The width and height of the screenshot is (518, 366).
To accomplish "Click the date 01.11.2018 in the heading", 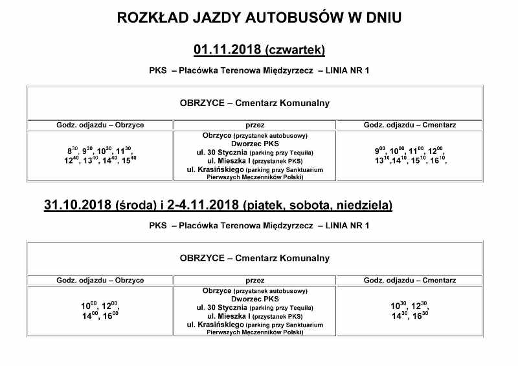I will point(227,49).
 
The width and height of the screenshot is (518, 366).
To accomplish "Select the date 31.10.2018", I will point(77,206).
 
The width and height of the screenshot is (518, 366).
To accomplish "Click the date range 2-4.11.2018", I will point(202,206).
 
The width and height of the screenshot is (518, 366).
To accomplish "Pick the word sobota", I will point(308,206).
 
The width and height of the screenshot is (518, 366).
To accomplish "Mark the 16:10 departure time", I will point(439,159).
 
